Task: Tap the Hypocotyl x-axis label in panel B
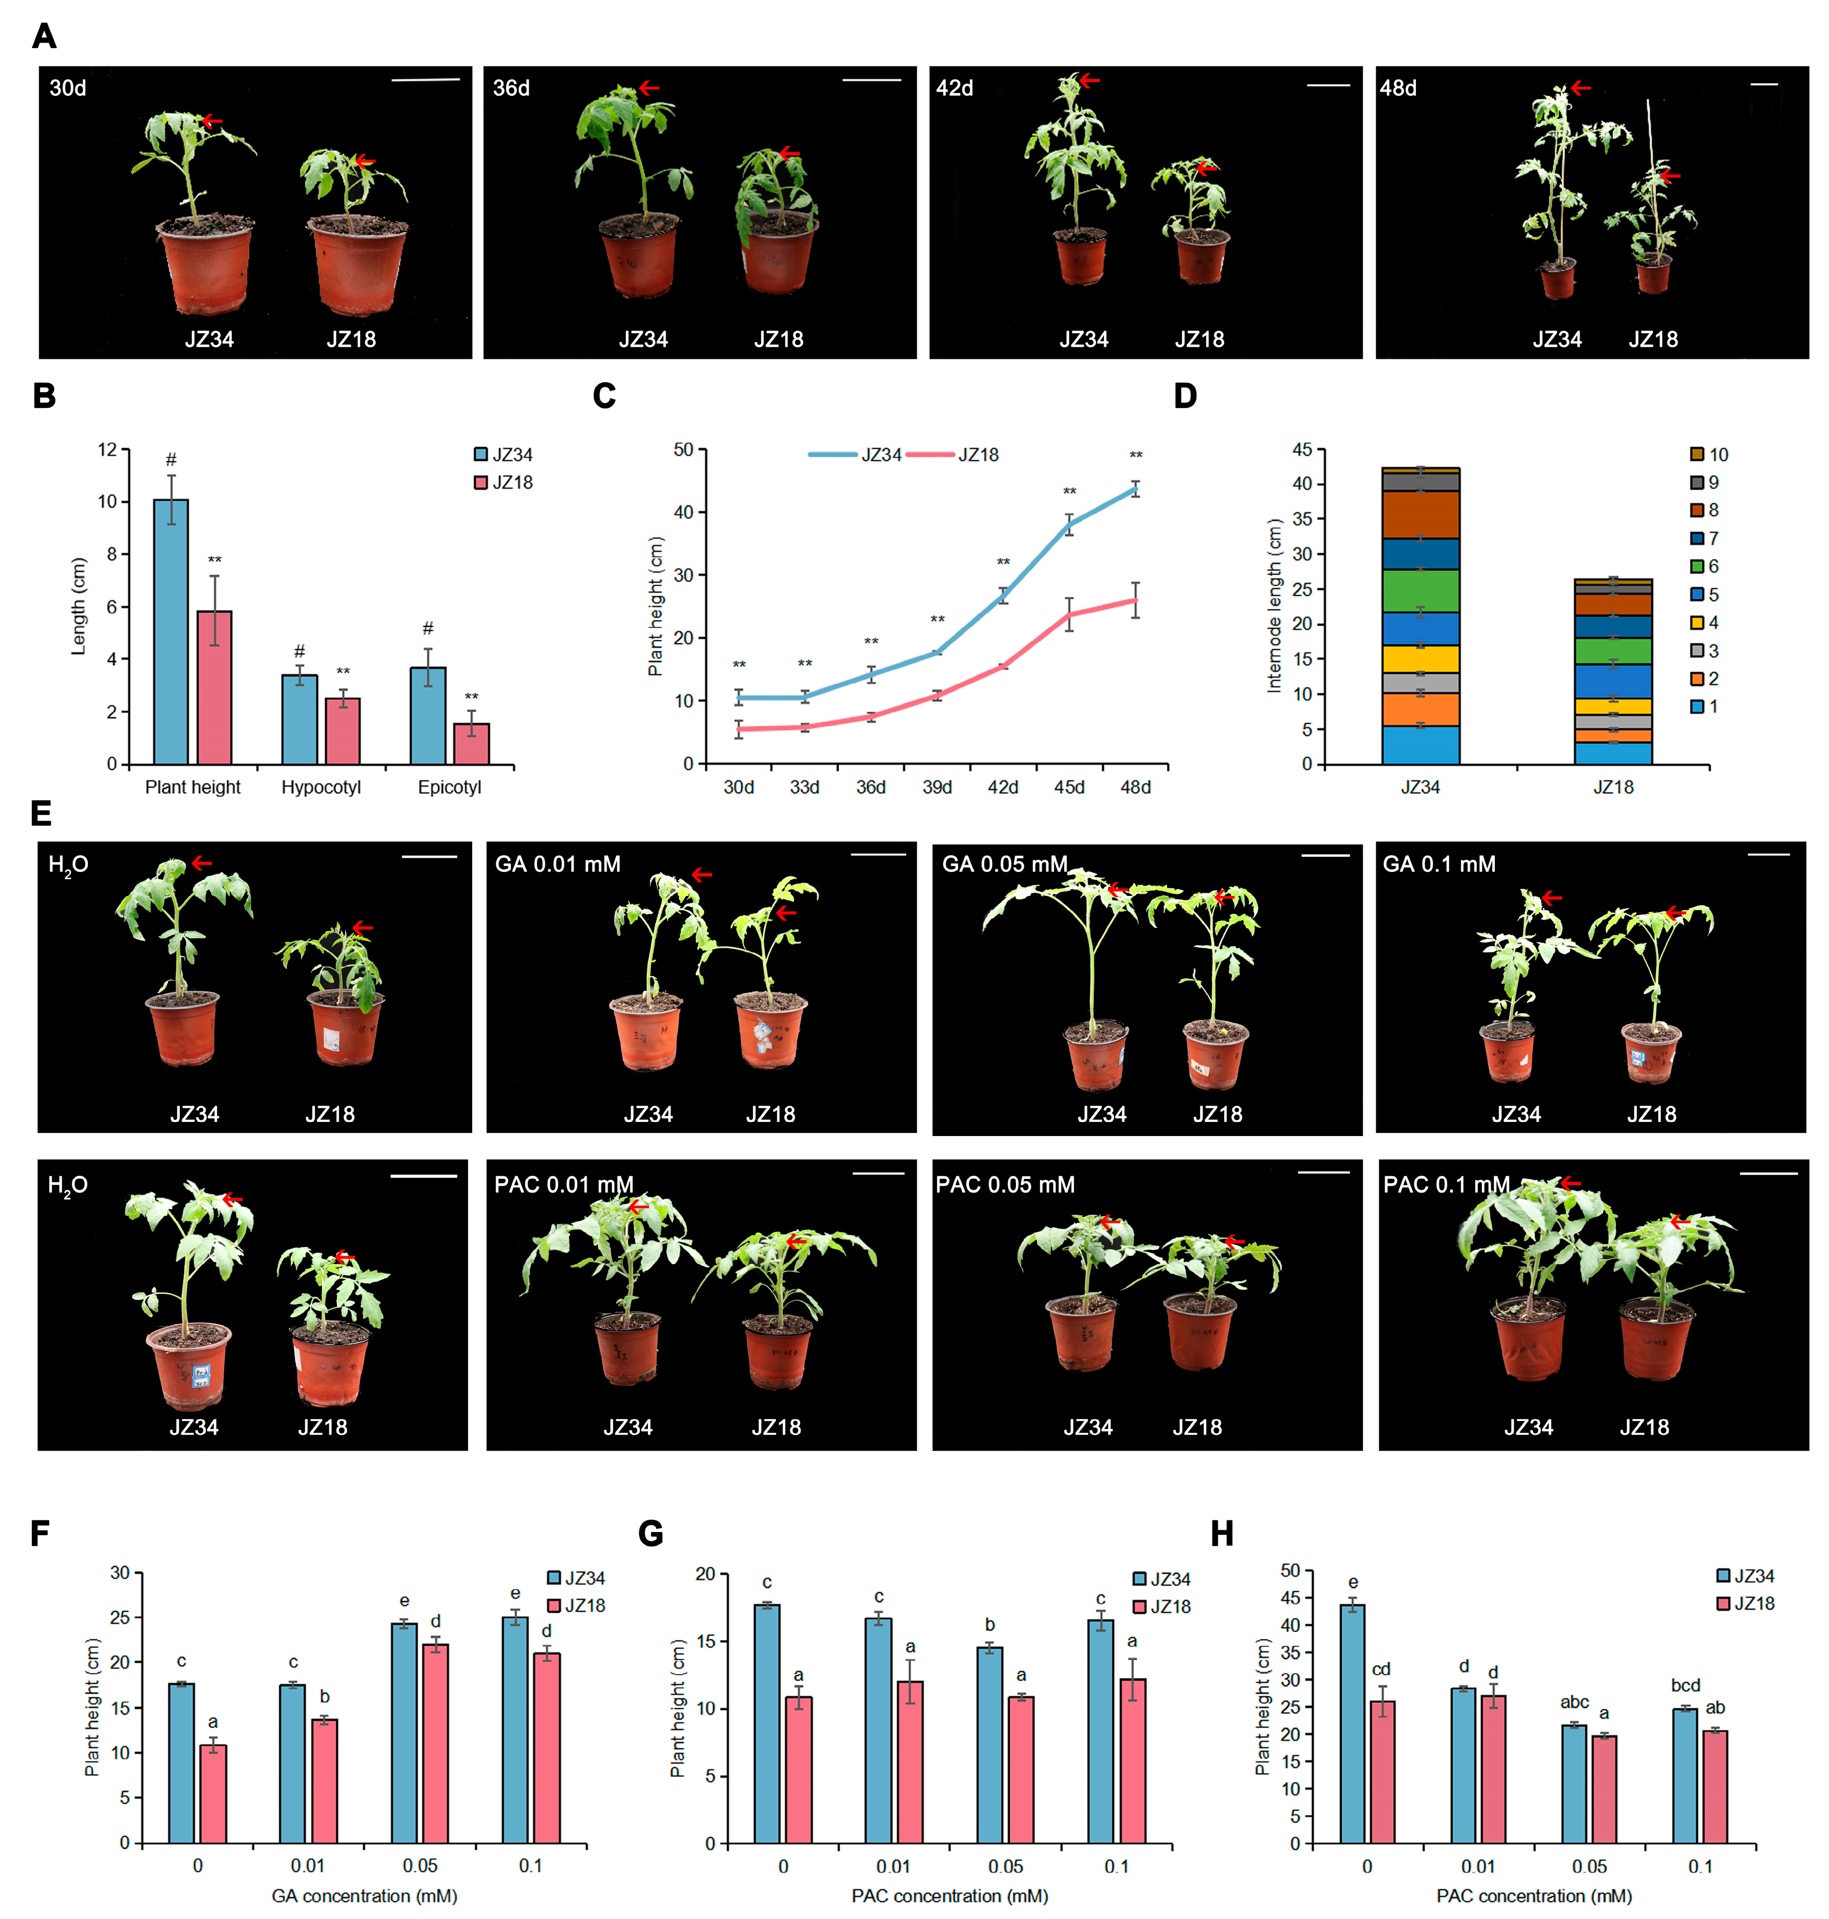[x=321, y=787]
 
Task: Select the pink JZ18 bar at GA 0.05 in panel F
[x=435, y=1743]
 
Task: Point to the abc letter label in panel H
[x=1573, y=1701]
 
